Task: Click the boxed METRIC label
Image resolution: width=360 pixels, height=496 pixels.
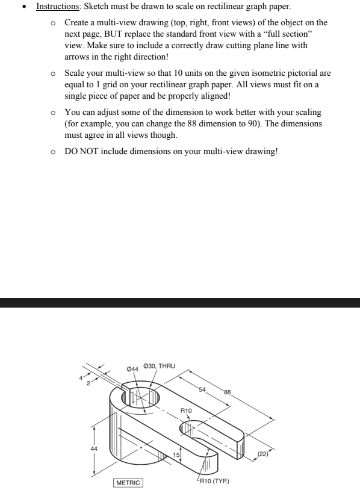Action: [x=128, y=483]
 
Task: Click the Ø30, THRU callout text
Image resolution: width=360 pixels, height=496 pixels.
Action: [x=159, y=366]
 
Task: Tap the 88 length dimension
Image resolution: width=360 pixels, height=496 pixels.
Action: [x=228, y=392]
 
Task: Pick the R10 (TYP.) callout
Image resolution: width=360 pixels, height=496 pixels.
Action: [x=215, y=482]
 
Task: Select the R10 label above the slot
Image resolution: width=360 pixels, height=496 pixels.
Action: [x=187, y=410]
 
